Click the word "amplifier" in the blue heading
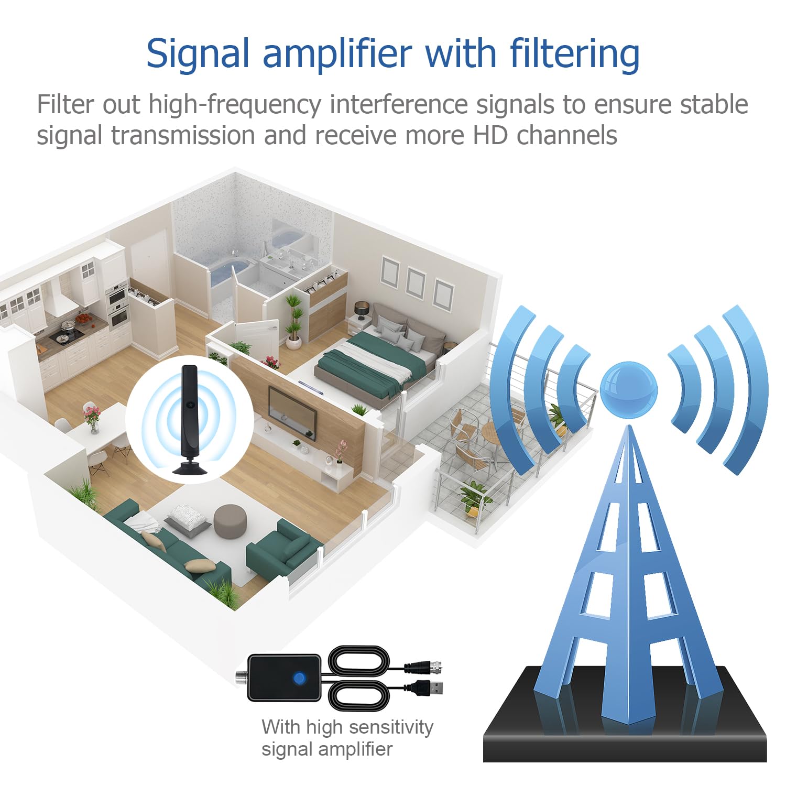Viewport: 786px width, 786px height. tap(337, 54)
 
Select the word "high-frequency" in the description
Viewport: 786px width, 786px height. tap(235, 104)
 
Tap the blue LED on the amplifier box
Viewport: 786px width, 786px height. tap(299, 678)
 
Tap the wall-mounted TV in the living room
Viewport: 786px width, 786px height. tap(292, 408)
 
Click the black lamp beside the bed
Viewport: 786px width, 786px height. tap(362, 310)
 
